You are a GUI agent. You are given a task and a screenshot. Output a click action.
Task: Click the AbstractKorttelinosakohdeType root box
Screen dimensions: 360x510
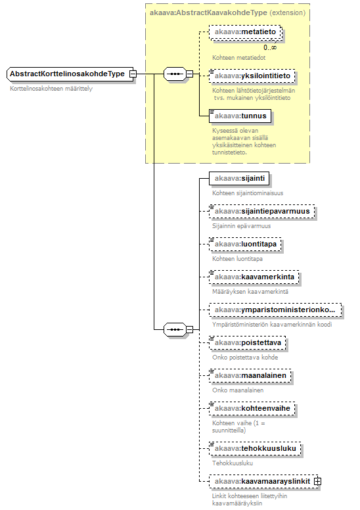[x=70, y=74]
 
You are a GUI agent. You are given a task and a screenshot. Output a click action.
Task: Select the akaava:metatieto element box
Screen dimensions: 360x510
[x=245, y=32]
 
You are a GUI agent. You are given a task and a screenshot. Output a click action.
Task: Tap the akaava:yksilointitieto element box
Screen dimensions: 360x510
[x=252, y=76]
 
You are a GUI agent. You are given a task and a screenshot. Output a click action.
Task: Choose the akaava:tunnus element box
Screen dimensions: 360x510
[x=240, y=116]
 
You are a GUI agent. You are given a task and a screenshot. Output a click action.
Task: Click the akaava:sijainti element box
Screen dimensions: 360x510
[x=239, y=178]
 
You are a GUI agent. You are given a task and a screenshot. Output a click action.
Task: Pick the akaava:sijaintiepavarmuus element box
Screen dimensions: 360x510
[x=262, y=211]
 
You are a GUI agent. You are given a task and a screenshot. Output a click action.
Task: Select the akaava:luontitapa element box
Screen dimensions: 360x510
[x=245, y=244]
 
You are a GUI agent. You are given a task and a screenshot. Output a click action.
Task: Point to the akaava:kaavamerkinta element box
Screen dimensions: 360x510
[x=254, y=277]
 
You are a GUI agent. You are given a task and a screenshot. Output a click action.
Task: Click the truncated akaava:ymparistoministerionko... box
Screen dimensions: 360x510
[x=275, y=310]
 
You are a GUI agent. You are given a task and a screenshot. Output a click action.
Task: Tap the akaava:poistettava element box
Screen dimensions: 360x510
[x=248, y=342]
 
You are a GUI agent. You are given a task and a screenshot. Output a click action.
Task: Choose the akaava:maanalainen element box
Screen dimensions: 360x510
[x=250, y=375]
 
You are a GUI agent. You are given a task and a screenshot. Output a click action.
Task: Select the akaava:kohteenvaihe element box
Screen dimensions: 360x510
[x=252, y=408]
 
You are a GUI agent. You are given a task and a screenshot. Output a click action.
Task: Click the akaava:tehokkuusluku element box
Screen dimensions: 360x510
[x=255, y=448]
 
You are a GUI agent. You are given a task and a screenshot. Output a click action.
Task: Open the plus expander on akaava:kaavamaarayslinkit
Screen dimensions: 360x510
[x=317, y=481]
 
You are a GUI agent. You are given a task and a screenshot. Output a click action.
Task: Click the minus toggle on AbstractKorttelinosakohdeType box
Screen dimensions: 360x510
[x=132, y=74]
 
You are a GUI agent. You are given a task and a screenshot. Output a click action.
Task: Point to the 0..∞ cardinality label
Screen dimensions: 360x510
[x=270, y=47]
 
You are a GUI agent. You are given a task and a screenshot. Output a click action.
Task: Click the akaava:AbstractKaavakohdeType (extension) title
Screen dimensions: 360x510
[x=228, y=12]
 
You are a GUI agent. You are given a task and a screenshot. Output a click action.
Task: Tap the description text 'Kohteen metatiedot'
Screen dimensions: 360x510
[x=238, y=58]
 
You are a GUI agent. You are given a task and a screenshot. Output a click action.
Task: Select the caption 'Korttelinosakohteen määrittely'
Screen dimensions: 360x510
[x=51, y=89]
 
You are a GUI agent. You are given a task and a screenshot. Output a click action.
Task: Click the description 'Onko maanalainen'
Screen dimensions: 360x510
[x=238, y=390]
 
